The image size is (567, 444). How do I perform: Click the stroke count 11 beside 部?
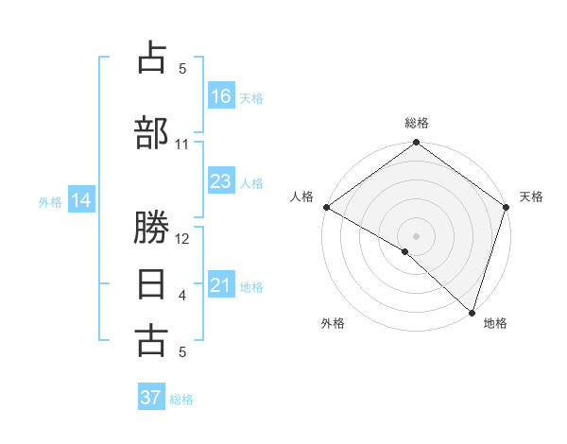[182, 145]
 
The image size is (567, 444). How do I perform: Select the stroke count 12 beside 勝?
[182, 239]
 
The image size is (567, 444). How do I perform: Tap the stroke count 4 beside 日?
[182, 296]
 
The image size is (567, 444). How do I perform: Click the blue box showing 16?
[220, 95]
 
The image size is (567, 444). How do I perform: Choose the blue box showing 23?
[220, 181]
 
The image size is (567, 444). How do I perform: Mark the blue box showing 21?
[220, 285]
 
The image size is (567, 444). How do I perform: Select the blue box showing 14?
[81, 200]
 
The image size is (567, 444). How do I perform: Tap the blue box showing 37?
[151, 398]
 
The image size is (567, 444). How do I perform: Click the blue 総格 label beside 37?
[182, 400]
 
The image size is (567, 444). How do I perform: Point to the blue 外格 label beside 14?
[50, 201]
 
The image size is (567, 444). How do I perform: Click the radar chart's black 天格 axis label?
[531, 196]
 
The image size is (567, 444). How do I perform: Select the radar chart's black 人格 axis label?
[301, 196]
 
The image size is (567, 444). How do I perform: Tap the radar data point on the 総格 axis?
[416, 143]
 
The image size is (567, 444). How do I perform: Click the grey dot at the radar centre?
[416, 235]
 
